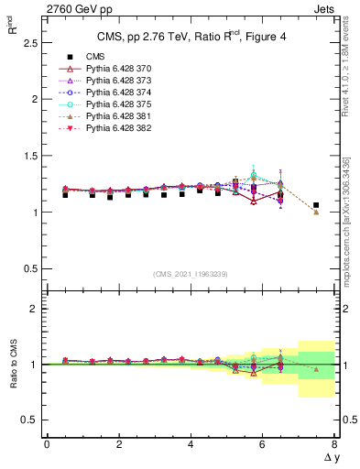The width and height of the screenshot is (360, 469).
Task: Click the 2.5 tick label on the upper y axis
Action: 28,42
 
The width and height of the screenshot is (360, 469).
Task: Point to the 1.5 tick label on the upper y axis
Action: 28,156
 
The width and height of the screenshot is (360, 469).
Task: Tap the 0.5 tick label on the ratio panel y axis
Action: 28,420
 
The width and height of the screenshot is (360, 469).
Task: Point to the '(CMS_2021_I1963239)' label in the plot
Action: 191,273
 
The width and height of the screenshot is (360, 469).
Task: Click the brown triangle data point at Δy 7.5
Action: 316,213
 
